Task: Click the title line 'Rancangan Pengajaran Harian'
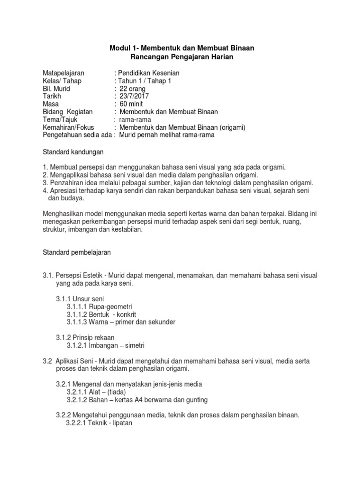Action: coord(182,57)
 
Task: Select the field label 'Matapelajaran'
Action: coord(64,73)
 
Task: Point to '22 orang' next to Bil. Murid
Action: coord(133,89)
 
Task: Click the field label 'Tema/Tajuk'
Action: coord(60,119)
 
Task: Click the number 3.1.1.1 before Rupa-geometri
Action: coord(80,306)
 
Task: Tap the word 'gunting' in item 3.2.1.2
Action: coord(196,400)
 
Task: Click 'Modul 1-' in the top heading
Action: coord(123,48)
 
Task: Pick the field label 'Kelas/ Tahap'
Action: coord(62,81)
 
